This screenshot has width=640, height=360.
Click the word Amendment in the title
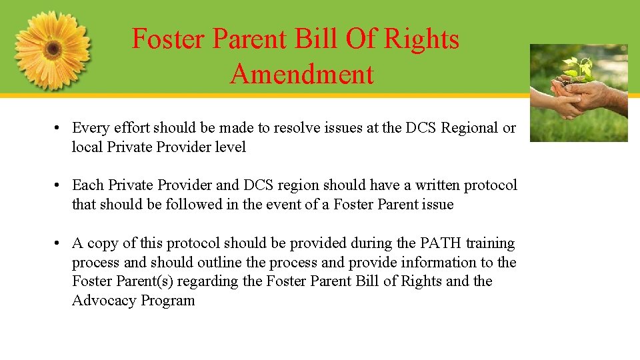[x=302, y=73]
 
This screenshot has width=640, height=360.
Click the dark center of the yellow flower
[x=53, y=49]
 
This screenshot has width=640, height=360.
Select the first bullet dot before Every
[x=59, y=128]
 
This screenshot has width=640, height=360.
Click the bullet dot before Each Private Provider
[x=59, y=185]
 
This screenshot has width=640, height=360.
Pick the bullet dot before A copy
[x=59, y=243]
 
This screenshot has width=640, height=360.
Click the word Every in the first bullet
[x=90, y=128]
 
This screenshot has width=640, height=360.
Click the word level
[x=230, y=147]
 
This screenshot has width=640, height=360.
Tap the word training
[x=490, y=243]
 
